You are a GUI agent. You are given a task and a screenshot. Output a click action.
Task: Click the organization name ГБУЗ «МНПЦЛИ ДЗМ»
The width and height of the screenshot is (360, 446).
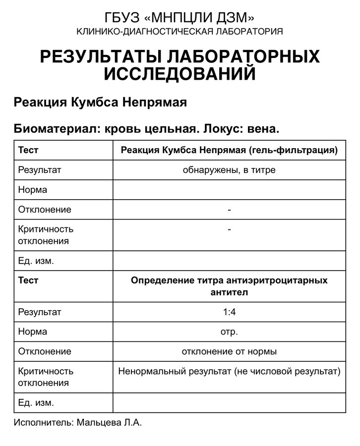tap(180, 18)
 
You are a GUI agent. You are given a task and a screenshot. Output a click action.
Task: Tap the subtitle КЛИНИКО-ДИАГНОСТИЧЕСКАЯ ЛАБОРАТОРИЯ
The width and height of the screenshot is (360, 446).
tap(180, 32)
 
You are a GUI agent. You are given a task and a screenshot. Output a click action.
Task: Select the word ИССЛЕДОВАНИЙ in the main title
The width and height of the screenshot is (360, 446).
tap(180, 74)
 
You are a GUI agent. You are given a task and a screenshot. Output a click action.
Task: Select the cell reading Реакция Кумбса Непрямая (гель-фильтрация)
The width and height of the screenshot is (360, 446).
tap(229, 150)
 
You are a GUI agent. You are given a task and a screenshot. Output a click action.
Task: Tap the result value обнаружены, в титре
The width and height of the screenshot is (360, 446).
tap(229, 170)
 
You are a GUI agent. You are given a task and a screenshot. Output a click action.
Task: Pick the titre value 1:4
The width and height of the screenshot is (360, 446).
tap(229, 312)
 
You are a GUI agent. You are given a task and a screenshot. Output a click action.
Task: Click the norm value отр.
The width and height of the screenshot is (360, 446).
tap(229, 332)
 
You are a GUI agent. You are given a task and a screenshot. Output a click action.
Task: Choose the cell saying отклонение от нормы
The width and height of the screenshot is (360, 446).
tap(229, 351)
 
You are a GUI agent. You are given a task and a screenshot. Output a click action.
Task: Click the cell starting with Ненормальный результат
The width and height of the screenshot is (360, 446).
tap(229, 371)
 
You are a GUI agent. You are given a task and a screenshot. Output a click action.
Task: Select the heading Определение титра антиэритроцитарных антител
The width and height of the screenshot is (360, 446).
tap(229, 286)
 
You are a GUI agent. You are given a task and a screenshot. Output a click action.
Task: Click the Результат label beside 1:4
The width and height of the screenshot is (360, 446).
tap(40, 312)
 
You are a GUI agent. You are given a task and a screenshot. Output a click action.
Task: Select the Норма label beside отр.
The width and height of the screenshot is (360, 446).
tap(33, 332)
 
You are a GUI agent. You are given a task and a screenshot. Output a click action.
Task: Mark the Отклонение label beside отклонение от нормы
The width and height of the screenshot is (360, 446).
tap(45, 351)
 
